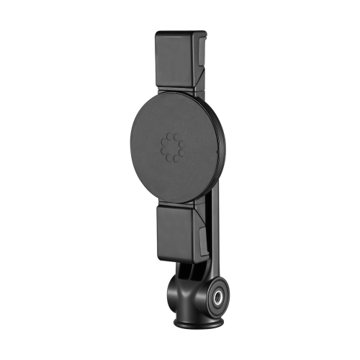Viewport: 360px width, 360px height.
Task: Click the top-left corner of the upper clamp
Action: point(156,33)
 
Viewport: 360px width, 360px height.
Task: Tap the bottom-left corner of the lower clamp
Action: point(158,256)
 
